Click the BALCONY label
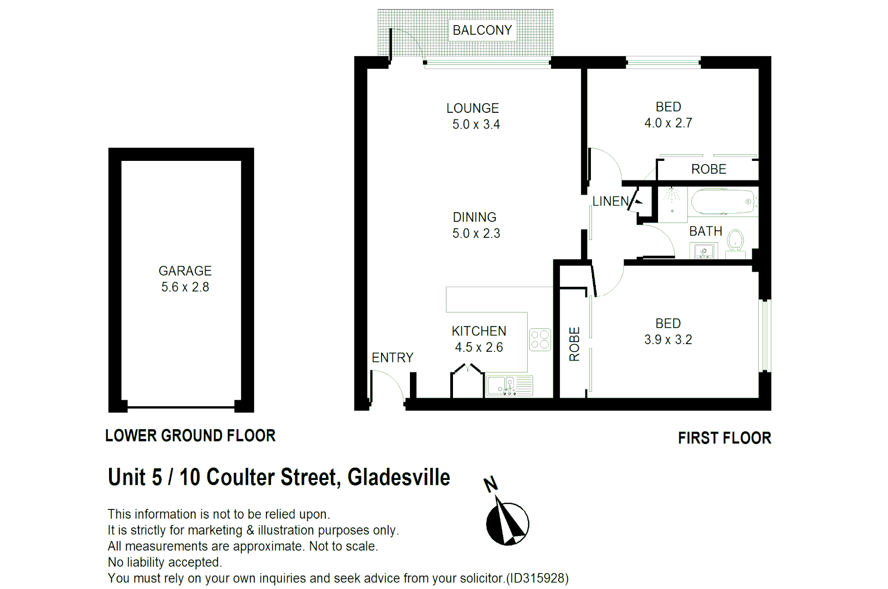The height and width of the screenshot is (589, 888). [x=482, y=31]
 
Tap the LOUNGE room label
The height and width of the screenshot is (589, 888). [x=473, y=109]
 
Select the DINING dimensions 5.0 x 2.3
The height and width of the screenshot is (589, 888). [x=476, y=233]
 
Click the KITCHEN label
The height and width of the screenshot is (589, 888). [x=479, y=331]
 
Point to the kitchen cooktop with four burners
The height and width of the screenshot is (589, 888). [x=540, y=339]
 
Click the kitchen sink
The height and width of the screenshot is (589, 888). [x=509, y=386]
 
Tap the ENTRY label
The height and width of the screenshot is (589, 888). [x=392, y=358]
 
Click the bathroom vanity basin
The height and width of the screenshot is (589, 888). [x=704, y=251]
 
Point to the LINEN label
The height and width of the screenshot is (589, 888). [x=611, y=201]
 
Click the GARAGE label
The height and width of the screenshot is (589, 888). [x=185, y=271]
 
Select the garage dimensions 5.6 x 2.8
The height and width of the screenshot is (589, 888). [x=185, y=287]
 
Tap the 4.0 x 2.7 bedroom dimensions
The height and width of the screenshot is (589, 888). [x=668, y=123]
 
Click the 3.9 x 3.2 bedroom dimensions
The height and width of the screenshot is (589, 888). [x=668, y=340]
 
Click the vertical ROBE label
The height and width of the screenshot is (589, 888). [x=575, y=344]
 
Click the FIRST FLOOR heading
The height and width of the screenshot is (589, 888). [x=724, y=438]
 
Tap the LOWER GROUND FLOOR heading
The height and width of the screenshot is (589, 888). [x=190, y=436]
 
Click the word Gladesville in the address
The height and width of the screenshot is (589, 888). [x=398, y=477]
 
